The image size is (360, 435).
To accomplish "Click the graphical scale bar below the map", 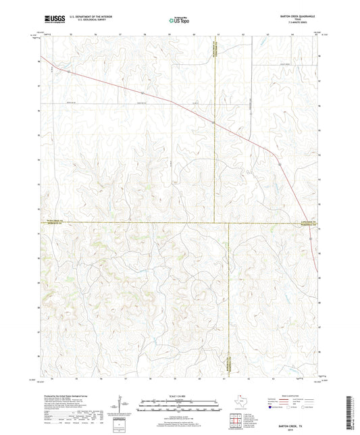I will click(x=179, y=407).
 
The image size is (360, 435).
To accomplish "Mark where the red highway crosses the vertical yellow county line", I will click(x=213, y=124).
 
